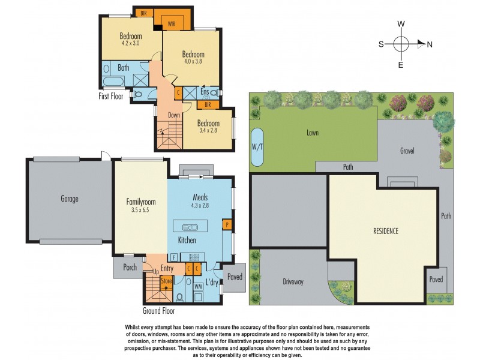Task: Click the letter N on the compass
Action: click(429, 44)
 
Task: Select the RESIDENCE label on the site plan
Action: click(385, 230)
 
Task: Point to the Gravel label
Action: click(406, 151)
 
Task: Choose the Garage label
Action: click(70, 199)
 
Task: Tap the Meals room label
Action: click(200, 197)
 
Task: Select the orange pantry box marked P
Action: click(227, 224)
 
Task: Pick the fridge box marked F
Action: click(174, 257)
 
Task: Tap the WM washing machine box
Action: click(198, 287)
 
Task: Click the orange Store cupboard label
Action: click(166, 280)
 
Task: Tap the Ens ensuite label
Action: click(204, 92)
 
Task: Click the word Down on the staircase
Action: click(173, 115)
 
